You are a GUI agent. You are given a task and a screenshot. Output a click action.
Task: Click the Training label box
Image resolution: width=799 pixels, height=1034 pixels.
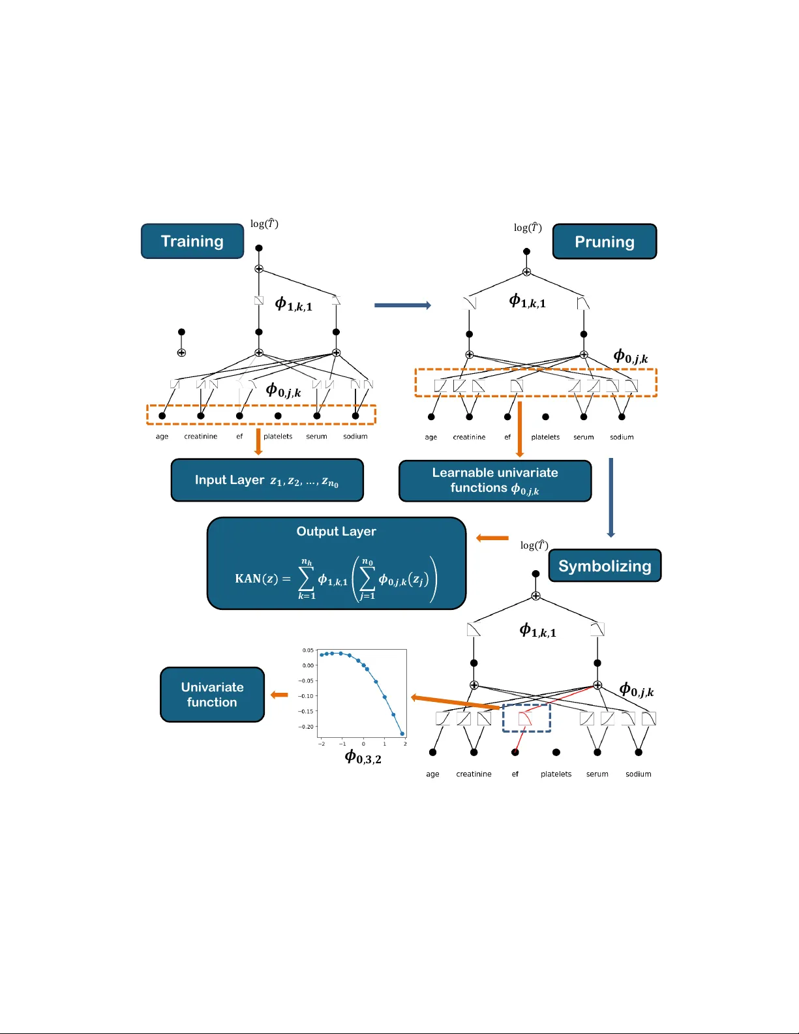(x=192, y=241)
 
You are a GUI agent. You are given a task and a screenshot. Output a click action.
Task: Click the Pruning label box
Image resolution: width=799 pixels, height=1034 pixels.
(x=604, y=242)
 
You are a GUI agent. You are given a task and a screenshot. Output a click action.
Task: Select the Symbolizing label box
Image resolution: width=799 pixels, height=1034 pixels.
(x=605, y=566)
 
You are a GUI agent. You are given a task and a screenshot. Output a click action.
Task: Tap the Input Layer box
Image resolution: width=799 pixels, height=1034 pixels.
(x=267, y=480)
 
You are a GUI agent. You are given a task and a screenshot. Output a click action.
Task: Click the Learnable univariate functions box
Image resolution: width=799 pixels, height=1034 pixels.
(x=495, y=481)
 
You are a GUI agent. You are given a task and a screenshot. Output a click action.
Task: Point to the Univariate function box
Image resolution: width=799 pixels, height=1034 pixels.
(x=212, y=695)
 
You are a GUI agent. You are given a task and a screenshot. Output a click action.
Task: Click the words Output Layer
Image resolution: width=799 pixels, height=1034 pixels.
(x=336, y=531)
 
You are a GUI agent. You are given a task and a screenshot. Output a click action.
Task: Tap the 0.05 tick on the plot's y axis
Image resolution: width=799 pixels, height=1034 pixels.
(x=308, y=650)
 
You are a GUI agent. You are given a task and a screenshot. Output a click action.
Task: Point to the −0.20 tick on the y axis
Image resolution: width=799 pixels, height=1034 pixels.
(x=306, y=727)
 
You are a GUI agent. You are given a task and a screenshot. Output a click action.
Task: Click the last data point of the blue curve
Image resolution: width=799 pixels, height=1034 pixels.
(x=402, y=734)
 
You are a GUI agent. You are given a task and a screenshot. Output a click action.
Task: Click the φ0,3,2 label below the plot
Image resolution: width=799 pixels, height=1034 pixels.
(x=363, y=757)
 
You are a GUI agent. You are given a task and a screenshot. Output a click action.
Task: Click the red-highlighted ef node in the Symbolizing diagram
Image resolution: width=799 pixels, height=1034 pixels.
(x=515, y=752)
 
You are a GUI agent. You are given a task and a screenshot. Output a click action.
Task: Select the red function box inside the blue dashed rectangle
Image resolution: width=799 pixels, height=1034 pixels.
(x=525, y=718)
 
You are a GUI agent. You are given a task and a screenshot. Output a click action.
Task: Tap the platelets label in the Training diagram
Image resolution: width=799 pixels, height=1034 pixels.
(x=278, y=436)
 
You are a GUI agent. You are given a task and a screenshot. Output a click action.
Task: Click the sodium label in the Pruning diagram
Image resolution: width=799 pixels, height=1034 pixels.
(x=622, y=437)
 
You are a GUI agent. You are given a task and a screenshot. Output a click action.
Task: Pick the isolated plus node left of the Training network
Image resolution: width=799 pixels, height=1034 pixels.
(x=181, y=353)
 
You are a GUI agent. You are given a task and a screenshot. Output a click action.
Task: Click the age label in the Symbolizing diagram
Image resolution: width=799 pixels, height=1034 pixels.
(x=432, y=774)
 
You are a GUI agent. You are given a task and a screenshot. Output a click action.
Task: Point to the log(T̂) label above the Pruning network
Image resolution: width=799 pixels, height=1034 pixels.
(x=528, y=228)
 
